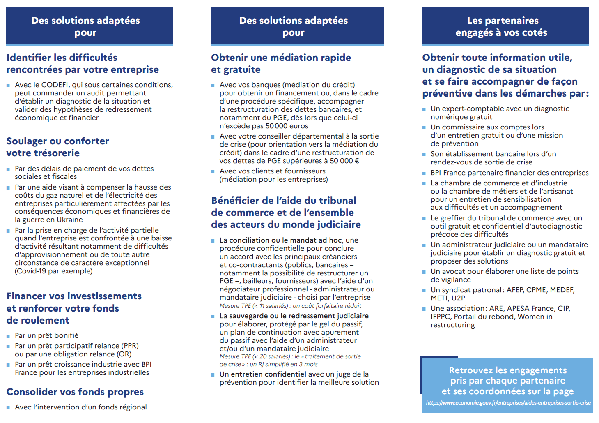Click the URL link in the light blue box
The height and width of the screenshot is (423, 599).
pyautogui.click(x=508, y=403)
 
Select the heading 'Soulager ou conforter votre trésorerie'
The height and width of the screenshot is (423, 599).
pyautogui.click(x=57, y=147)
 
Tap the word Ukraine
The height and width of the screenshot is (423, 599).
pyautogui.click(x=68, y=220)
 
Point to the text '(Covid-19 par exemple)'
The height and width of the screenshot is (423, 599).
pyautogui.click(x=54, y=271)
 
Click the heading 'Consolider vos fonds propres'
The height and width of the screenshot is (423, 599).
pyautogui.click(x=75, y=392)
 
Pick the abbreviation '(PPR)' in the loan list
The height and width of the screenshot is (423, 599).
pyautogui.click(x=130, y=346)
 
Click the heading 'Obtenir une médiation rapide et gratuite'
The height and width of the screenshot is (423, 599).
pyautogui.click(x=281, y=64)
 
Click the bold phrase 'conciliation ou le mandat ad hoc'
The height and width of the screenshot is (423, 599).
pyautogui.click(x=285, y=240)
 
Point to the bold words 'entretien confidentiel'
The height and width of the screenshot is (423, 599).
pyautogui.click(x=269, y=374)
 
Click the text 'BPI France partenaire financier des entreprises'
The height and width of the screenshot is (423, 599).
pyautogui.click(x=509, y=173)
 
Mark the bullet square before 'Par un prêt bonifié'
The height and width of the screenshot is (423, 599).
pyautogui.click(x=8, y=336)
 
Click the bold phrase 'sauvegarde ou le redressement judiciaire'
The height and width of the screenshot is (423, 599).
pyautogui.click(x=299, y=316)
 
